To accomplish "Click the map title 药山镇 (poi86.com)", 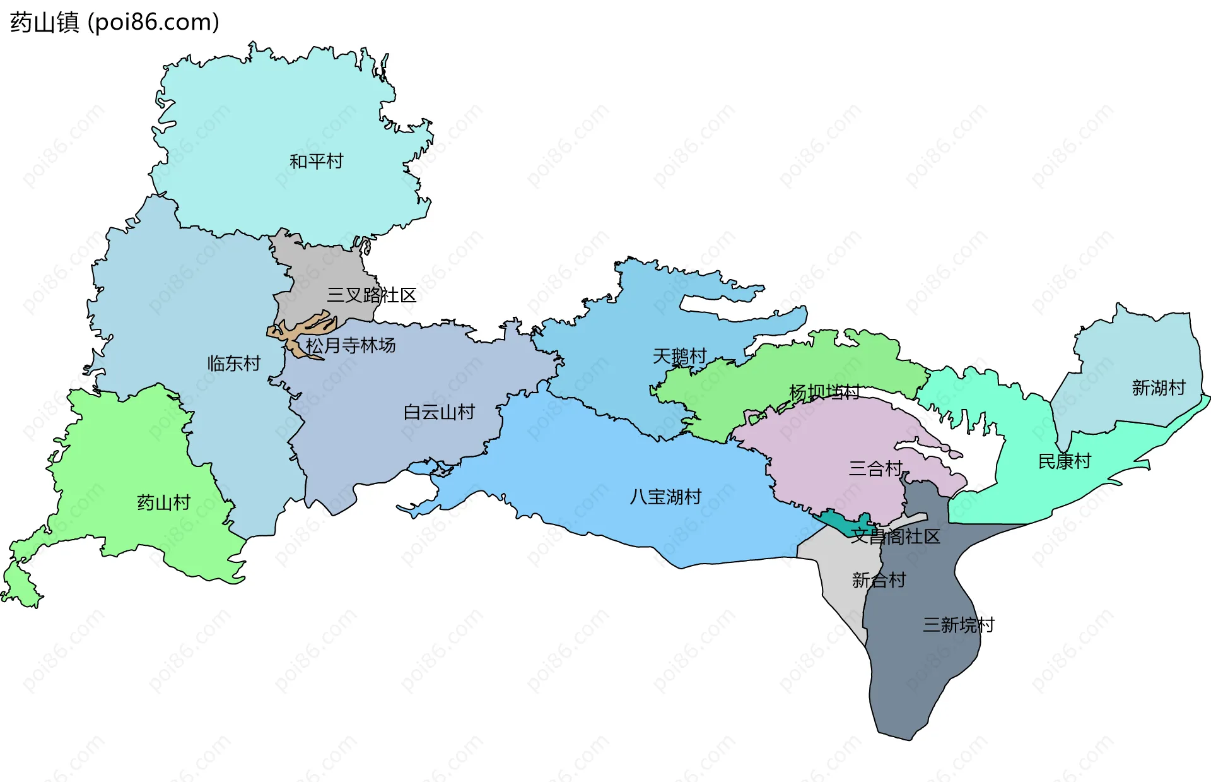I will (x=115, y=22).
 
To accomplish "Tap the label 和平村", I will (x=316, y=162).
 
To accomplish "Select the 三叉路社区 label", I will (x=371, y=295).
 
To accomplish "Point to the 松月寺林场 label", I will (x=351, y=345).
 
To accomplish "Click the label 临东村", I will (x=234, y=363).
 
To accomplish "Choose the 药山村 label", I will (x=164, y=502).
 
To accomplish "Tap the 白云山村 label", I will (x=439, y=412).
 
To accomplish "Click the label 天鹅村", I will (x=679, y=357).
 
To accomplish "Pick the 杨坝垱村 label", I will (x=824, y=392).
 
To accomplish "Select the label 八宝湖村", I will (x=665, y=497).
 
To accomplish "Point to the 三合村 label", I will (x=875, y=468).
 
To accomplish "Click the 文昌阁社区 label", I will (x=895, y=536).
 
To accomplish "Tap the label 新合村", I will (x=879, y=579).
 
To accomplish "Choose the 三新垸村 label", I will (x=958, y=625).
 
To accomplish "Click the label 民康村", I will (x=1065, y=461).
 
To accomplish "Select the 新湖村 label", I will (x=1159, y=388).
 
